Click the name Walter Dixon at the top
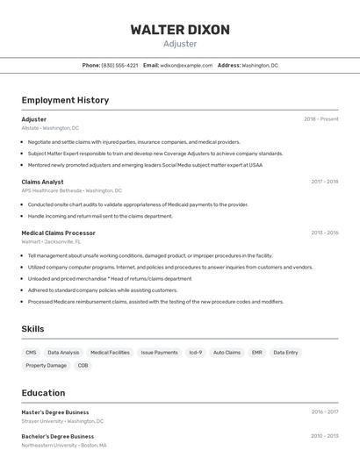(x=180, y=29)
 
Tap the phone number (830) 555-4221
(x=119, y=65)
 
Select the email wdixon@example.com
(x=186, y=65)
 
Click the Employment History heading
(x=65, y=100)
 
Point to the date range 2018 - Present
(x=320, y=118)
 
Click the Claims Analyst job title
(x=42, y=182)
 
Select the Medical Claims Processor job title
(x=58, y=232)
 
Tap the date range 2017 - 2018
(x=324, y=182)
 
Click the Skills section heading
(x=32, y=329)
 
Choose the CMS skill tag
(x=32, y=352)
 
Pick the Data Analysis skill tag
(x=63, y=352)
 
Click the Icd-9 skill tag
(x=195, y=352)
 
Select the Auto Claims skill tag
(x=227, y=352)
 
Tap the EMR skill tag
(x=256, y=352)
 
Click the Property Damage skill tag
(x=46, y=365)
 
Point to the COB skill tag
(x=83, y=365)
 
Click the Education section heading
(x=43, y=392)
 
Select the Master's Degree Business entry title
(x=54, y=411)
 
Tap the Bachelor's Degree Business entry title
(x=57, y=436)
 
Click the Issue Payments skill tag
(x=159, y=352)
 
